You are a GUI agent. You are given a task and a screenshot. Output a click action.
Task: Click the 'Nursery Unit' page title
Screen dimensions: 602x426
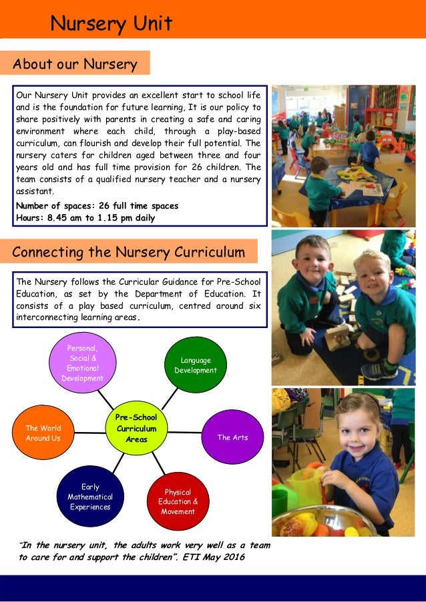[112, 24]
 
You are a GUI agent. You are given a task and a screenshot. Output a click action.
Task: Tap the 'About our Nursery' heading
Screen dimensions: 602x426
[75, 64]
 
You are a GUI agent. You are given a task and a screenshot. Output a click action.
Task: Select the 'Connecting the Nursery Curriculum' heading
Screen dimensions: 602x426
[128, 252]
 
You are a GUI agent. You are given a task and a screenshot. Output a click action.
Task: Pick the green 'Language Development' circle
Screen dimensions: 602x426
[195, 365]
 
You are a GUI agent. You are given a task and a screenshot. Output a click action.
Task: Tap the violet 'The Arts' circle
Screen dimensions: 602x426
[232, 437]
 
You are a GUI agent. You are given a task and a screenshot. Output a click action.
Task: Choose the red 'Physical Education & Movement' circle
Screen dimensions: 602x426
[176, 502]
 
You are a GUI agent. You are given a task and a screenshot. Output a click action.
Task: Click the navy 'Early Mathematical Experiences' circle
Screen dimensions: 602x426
[90, 497]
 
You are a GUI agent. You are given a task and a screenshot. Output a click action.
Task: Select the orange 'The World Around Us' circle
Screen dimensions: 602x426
[43, 433]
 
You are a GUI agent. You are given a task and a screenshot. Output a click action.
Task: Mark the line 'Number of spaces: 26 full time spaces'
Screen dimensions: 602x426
[97, 206]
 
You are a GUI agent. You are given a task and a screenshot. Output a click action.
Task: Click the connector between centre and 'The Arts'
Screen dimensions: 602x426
[184, 432]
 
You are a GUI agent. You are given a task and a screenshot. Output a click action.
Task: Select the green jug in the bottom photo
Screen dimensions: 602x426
[304, 486]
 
